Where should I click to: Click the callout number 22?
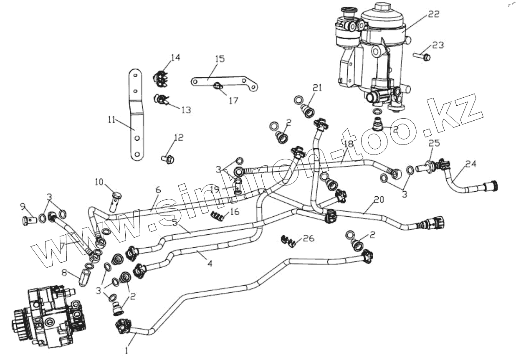tap(433, 15)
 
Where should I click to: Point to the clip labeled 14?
tap(160, 78)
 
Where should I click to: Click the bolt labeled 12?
tap(167, 159)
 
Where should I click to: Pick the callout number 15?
tap(220, 58)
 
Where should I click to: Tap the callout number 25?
tap(434, 144)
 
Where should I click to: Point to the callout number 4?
tap(210, 264)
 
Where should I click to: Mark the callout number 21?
tap(318, 88)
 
